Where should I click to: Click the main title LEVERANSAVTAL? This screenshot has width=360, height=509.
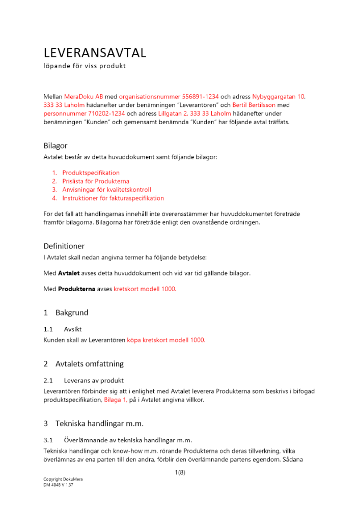click(95, 52)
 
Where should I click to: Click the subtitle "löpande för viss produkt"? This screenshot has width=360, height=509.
click(85, 66)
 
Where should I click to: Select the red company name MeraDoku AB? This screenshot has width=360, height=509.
click(84, 96)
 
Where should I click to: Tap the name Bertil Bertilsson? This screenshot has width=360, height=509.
click(254, 105)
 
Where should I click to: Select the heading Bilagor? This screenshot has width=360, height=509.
click(55, 146)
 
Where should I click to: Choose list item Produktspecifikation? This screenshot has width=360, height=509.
click(91, 173)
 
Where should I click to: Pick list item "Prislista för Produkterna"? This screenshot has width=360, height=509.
click(96, 181)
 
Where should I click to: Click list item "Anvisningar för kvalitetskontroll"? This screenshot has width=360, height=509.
click(106, 190)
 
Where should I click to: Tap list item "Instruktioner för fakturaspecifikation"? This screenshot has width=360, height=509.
click(113, 198)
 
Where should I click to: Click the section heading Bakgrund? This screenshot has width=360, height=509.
click(72, 313)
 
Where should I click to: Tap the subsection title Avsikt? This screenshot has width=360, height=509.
click(73, 329)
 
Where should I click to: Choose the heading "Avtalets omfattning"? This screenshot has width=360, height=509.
click(89, 364)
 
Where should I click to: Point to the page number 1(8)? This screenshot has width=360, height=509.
click(180, 473)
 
